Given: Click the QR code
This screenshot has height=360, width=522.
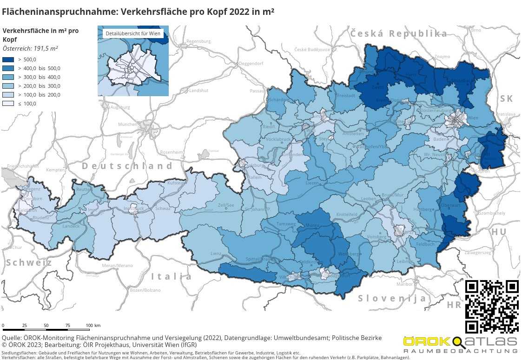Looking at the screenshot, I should (492, 306).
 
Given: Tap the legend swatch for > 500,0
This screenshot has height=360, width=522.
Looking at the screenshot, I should (9, 59).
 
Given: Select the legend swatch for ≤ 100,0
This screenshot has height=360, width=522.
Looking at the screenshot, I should (9, 104).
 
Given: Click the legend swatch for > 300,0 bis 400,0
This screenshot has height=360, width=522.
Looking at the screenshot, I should (9, 77).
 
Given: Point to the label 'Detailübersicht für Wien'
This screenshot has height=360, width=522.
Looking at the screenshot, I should (133, 33).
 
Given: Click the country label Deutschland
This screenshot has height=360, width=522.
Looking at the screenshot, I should (127, 166).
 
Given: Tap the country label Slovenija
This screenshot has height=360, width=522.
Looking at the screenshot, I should (392, 298).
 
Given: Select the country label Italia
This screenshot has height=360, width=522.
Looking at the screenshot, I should (172, 277).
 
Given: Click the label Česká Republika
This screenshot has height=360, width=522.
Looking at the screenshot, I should (398, 33).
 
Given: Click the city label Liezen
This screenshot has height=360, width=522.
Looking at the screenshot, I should (312, 183).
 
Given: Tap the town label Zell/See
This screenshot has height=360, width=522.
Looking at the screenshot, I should (226, 205).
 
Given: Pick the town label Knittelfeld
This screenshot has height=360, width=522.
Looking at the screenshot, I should (346, 214).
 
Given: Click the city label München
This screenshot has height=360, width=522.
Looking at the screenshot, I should (127, 124).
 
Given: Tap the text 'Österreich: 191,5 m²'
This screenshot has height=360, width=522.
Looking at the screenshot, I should (30, 48).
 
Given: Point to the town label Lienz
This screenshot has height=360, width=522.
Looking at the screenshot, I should (216, 254).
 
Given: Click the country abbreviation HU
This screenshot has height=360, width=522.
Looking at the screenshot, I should (499, 232).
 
